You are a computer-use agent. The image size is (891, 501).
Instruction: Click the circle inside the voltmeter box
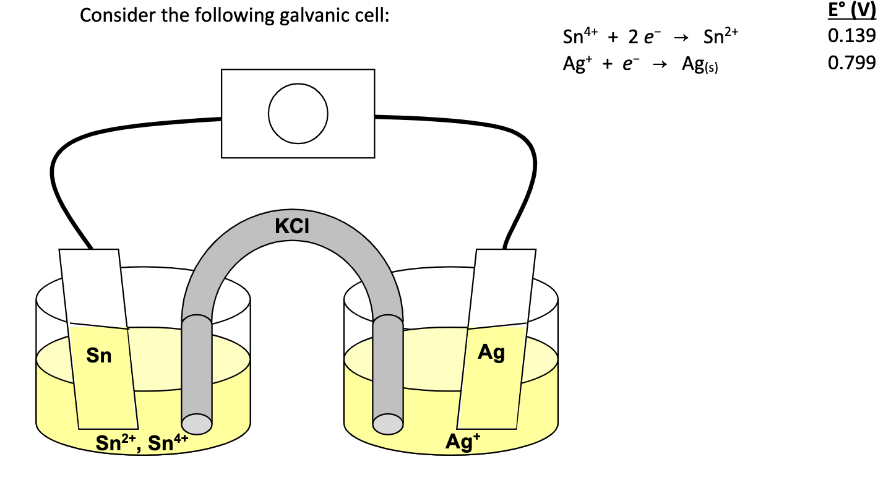click(x=298, y=114)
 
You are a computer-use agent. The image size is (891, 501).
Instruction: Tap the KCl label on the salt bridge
click(x=292, y=227)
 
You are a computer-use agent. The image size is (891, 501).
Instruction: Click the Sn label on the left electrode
click(x=99, y=356)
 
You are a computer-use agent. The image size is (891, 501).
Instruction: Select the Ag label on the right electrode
click(x=491, y=353)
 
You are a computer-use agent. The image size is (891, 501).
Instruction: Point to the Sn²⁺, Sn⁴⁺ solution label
click(x=142, y=443)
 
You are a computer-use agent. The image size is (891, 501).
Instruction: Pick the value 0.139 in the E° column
click(x=851, y=36)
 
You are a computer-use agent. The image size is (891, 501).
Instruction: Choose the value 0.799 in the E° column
click(x=851, y=62)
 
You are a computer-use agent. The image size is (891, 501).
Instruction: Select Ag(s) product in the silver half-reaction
click(x=699, y=64)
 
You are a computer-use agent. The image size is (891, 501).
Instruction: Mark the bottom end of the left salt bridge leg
click(x=197, y=423)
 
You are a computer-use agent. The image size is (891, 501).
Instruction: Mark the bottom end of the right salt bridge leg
click(x=388, y=424)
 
